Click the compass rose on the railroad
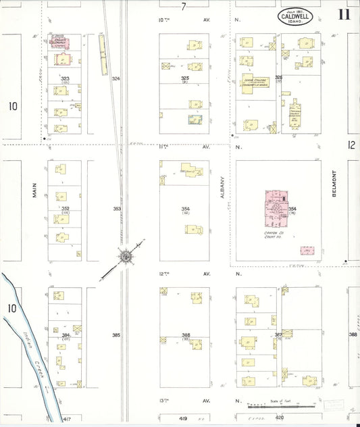click(x=126, y=256)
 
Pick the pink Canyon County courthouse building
click(x=276, y=210)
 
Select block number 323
click(x=65, y=79)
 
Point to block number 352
click(x=65, y=209)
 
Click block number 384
click(x=66, y=335)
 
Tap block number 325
click(x=185, y=79)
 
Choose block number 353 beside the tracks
click(x=116, y=209)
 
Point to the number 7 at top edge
click(x=183, y=6)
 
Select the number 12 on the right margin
click(x=351, y=145)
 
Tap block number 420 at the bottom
click(x=280, y=419)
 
